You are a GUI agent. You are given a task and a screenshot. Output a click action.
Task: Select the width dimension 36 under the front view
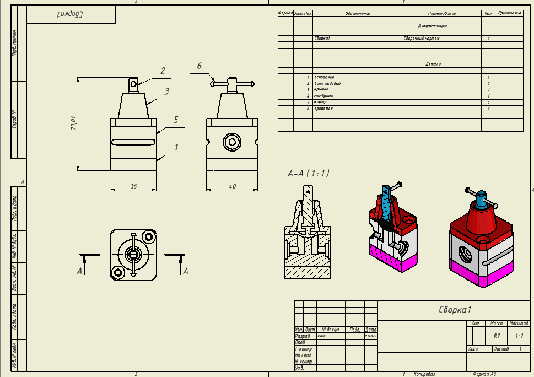133,186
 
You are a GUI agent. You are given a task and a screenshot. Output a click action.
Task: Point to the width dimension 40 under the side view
232,186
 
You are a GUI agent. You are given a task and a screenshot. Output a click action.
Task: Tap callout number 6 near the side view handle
199,66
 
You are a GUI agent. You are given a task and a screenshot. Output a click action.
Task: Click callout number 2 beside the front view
163,71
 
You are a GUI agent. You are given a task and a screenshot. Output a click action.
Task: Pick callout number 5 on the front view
176,119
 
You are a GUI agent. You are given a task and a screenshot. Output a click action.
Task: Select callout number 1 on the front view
176,147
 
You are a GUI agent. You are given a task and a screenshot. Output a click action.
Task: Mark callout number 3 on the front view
166,90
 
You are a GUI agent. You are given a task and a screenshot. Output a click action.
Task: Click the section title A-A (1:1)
309,173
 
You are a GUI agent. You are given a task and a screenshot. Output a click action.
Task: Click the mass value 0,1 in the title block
497,335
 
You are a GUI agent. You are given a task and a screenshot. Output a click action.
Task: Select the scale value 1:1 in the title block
519,335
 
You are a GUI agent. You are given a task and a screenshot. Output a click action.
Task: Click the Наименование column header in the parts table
442,13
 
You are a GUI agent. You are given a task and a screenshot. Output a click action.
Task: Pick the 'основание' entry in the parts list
324,77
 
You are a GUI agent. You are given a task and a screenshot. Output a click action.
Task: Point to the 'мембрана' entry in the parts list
323,95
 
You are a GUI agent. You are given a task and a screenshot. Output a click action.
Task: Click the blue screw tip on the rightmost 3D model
482,195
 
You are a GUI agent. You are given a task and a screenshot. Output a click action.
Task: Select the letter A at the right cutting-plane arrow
186,271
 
